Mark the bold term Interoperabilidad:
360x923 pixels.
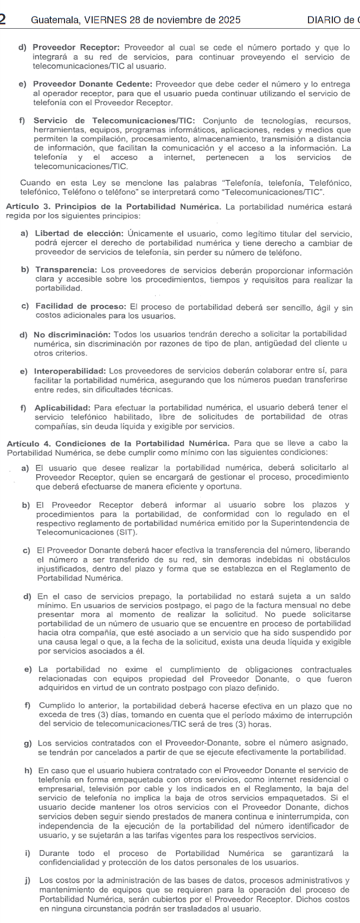pos(70,371)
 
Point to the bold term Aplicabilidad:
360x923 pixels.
pos(62,407)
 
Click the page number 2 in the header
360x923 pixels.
pos(3,20)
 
